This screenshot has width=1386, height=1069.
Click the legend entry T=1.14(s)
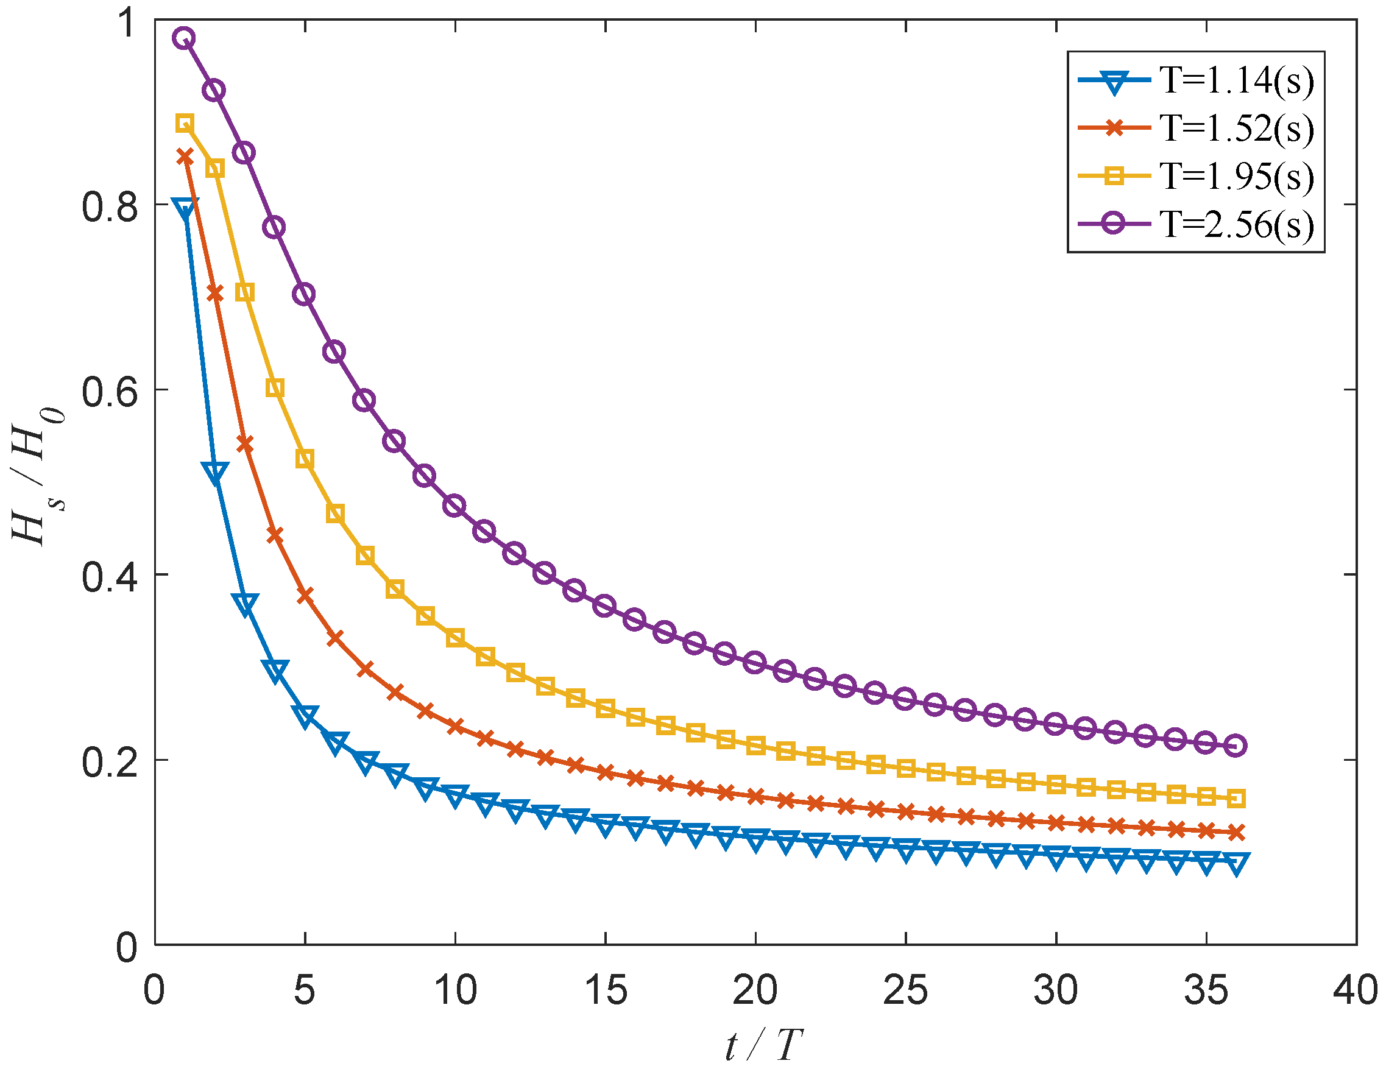pos(1236,80)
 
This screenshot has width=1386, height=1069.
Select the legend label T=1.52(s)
pos(1236,129)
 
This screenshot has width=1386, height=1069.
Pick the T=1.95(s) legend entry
pos(1236,177)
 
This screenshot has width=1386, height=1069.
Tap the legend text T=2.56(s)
pos(1236,225)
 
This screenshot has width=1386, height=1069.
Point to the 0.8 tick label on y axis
pos(109,206)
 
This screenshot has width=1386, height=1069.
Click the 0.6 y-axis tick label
pos(109,391)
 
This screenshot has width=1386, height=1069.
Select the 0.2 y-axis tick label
pos(109,761)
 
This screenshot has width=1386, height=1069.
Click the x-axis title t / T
pos(763,1045)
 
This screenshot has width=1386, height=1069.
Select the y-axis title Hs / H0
pos(38,476)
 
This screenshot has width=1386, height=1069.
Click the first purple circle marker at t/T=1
pos(185,38)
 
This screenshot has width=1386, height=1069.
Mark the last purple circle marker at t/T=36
pos(1236,746)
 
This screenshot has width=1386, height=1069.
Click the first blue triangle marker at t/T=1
pos(185,208)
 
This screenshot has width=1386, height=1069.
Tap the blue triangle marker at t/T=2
pos(215,472)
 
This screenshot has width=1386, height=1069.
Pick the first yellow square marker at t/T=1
pos(185,124)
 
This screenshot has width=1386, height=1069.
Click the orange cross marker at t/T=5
pos(305,595)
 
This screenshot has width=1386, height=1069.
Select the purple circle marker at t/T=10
pos(455,506)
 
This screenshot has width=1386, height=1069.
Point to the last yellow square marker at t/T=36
pos(1236,799)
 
